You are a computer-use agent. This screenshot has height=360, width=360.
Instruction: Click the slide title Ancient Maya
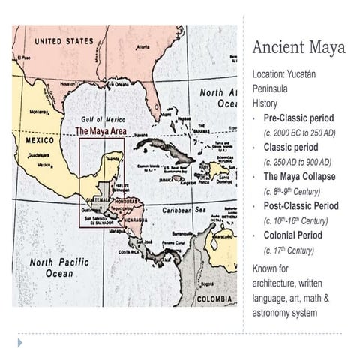pos(298,48)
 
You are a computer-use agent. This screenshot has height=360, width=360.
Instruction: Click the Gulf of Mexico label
pos(102,120)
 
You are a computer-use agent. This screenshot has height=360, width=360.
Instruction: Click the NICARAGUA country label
pos(133,220)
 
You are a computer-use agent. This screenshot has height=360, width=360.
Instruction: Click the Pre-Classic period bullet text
pos(298,118)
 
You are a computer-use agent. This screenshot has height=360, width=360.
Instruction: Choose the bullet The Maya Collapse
pos(299,177)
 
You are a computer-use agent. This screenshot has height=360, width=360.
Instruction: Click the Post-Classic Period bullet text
pos(301,205)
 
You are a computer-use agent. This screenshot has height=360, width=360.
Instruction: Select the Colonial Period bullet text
pos(291,235)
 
